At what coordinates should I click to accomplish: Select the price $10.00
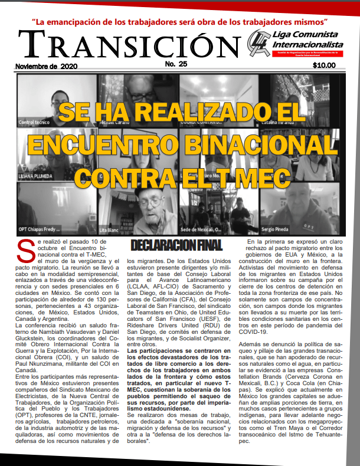point(324,65)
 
